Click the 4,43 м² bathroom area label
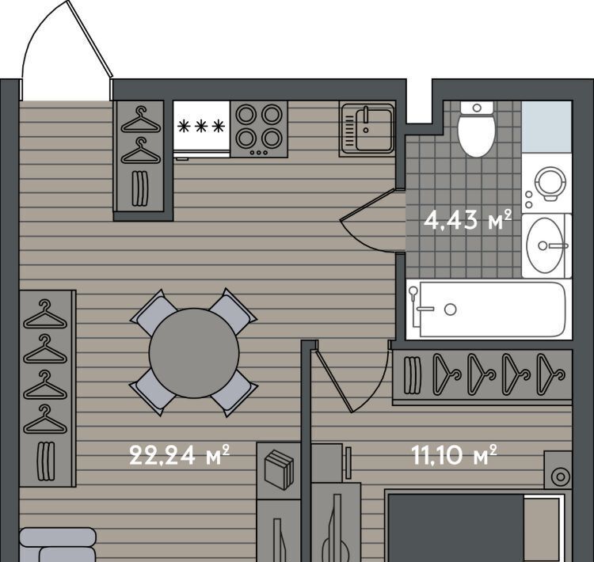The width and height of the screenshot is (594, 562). click(467, 220)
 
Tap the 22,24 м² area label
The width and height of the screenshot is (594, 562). click(179, 454)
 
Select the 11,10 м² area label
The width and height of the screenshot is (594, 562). click(454, 454)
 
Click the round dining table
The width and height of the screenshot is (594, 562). click(194, 353)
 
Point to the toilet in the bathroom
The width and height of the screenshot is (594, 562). click(477, 129)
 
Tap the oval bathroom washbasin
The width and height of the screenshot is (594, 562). click(545, 245)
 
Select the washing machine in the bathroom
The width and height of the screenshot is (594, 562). click(546, 183)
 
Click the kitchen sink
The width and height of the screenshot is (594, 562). click(367, 129)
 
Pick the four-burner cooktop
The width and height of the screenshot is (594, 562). click(259, 129)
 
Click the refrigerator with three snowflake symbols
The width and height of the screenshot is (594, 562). click(201, 129)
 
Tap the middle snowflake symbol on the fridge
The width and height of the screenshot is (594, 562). click(201, 126)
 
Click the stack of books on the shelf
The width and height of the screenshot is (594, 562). click(279, 469)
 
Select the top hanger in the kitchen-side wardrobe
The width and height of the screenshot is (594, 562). click(140, 120)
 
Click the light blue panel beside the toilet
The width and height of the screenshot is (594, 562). click(546, 127)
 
